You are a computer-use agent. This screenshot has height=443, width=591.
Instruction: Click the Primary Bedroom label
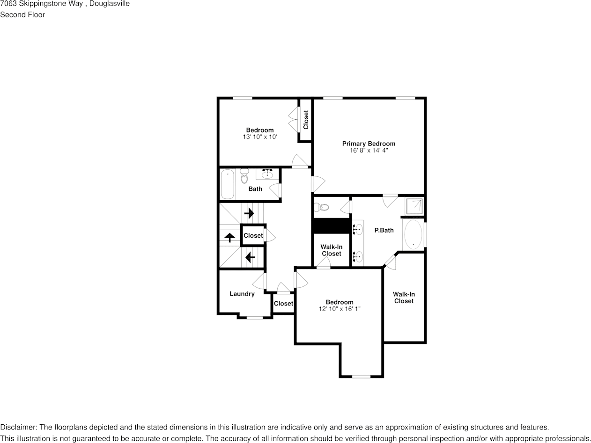pyautogui.click(x=369, y=144)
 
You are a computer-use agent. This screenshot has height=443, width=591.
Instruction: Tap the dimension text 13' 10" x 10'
pyautogui.click(x=260, y=137)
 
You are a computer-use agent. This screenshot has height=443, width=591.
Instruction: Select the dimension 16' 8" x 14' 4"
pyautogui.click(x=369, y=151)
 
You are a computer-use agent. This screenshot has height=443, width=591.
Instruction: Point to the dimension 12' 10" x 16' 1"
pyautogui.click(x=340, y=309)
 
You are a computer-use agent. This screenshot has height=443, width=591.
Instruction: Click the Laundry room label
pyautogui.click(x=242, y=294)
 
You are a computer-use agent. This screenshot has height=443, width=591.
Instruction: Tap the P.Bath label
pyautogui.click(x=384, y=230)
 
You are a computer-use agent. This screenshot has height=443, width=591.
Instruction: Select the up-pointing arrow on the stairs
pyautogui.click(x=229, y=237)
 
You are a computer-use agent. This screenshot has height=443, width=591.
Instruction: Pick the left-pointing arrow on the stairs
pyautogui.click(x=250, y=257)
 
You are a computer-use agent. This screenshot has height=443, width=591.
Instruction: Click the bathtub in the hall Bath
pyautogui.click(x=228, y=184)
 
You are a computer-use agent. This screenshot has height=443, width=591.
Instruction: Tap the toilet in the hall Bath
pyautogui.click(x=244, y=177)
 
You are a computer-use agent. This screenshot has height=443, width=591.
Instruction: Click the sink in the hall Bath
pyautogui.click(x=267, y=174)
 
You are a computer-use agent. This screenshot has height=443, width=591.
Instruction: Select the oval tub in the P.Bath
pyautogui.click(x=413, y=234)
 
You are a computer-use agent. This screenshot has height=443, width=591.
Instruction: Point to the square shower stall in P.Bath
pyautogui.click(x=414, y=206)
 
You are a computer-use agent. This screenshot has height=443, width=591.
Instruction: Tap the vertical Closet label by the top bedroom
pyautogui.click(x=306, y=119)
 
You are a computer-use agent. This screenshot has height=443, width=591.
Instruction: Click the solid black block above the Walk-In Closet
pyautogui.click(x=332, y=225)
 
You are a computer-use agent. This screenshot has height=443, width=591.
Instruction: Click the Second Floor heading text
pyautogui.click(x=22, y=15)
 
